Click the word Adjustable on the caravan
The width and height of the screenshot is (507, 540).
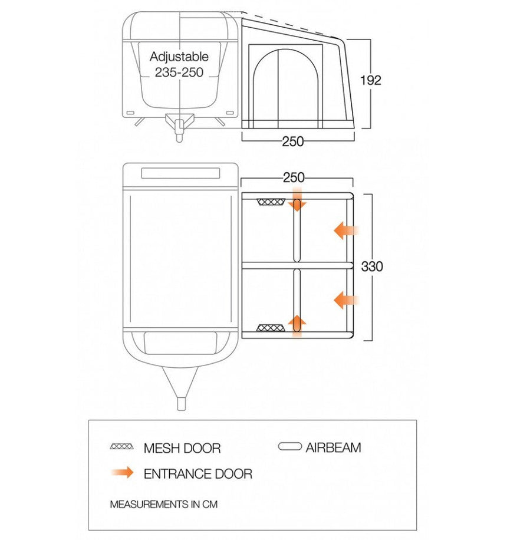pyautogui.click(x=179, y=57)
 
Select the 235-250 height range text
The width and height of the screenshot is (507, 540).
pyautogui.click(x=179, y=73)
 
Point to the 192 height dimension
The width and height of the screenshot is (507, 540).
pyautogui.click(x=370, y=81)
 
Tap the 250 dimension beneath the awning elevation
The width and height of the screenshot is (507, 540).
pyautogui.click(x=293, y=141)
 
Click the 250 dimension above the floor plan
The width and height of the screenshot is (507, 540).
pyautogui.click(x=293, y=177)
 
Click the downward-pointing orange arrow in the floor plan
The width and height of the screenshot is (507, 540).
pyautogui.click(x=297, y=199)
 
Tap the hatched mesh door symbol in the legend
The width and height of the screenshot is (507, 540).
pyautogui.click(x=121, y=447)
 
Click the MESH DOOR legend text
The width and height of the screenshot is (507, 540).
pyautogui.click(x=182, y=448)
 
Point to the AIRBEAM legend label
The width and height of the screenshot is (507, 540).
pyautogui.click(x=333, y=447)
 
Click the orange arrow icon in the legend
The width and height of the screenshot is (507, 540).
pyautogui.click(x=122, y=473)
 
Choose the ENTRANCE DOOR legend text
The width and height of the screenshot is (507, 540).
pyautogui.click(x=198, y=473)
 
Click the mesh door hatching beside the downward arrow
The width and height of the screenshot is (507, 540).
pyautogui.click(x=271, y=202)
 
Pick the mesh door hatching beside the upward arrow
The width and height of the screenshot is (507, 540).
pyautogui.click(x=271, y=328)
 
